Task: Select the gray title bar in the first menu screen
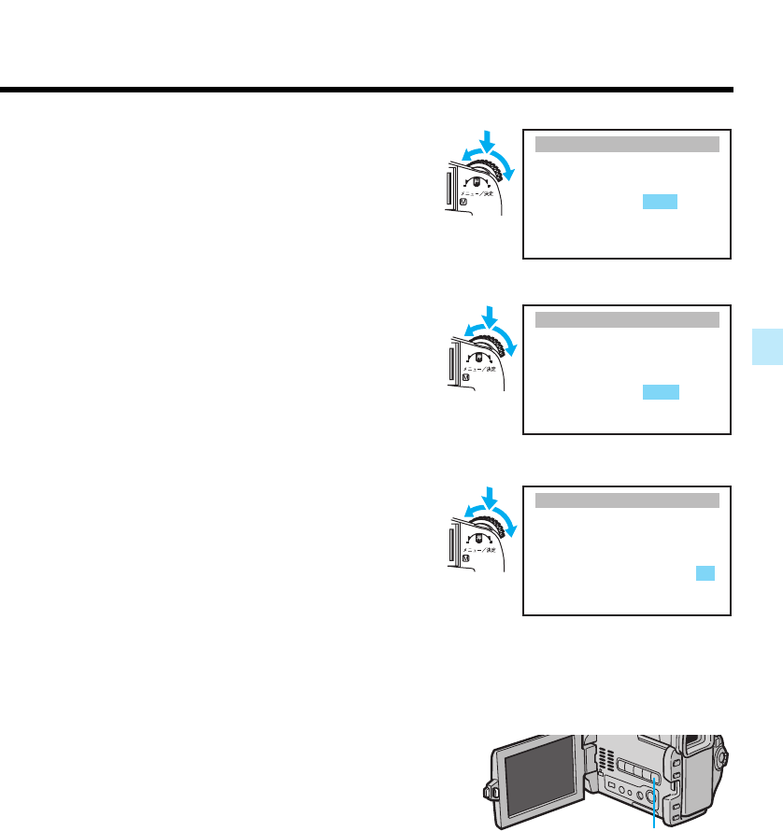pos(627,143)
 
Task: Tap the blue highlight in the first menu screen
pos(660,203)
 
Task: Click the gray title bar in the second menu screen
pos(627,320)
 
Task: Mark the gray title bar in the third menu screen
pos(627,500)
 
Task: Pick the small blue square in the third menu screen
pos(705,573)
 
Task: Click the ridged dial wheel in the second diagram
pos(505,345)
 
